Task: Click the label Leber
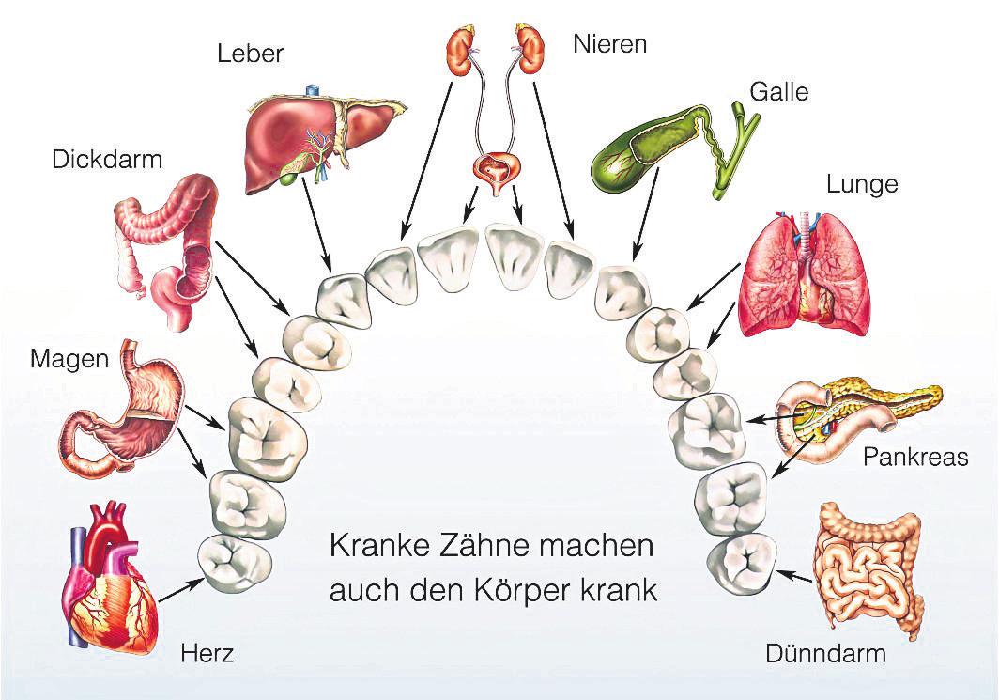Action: [250, 53]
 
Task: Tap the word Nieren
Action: [609, 44]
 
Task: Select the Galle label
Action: [778, 92]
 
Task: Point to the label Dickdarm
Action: [107, 159]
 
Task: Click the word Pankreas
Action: [915, 457]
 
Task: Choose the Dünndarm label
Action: [825, 653]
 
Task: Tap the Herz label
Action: [207, 653]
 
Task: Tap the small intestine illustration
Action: [870, 568]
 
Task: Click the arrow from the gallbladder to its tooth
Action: [645, 213]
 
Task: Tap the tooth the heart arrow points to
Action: [235, 562]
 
